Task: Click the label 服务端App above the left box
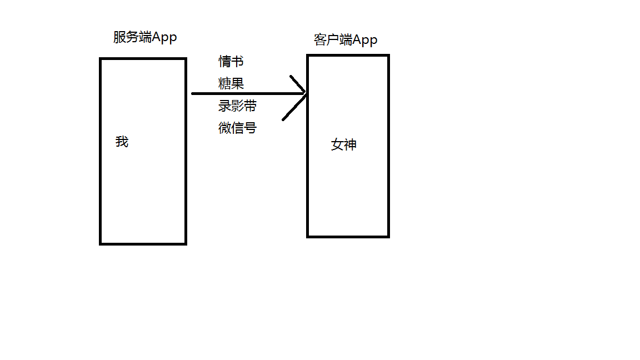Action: point(145,37)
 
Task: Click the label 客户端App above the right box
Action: point(345,40)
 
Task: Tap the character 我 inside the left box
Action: point(122,142)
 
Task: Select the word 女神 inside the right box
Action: point(344,145)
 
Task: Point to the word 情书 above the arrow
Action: point(231,61)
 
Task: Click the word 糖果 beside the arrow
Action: point(231,84)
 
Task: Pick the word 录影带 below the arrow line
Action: point(237,106)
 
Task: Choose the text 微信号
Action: point(237,128)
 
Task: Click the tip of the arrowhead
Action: point(306,94)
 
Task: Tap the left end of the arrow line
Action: point(193,94)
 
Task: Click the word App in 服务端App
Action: point(164,37)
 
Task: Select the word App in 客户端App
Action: point(364,40)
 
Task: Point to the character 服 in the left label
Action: point(119,37)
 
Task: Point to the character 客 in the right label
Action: point(320,40)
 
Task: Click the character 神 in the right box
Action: point(350,145)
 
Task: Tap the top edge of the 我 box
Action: point(143,59)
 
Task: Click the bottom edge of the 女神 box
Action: point(348,236)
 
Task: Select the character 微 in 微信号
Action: point(225,128)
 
